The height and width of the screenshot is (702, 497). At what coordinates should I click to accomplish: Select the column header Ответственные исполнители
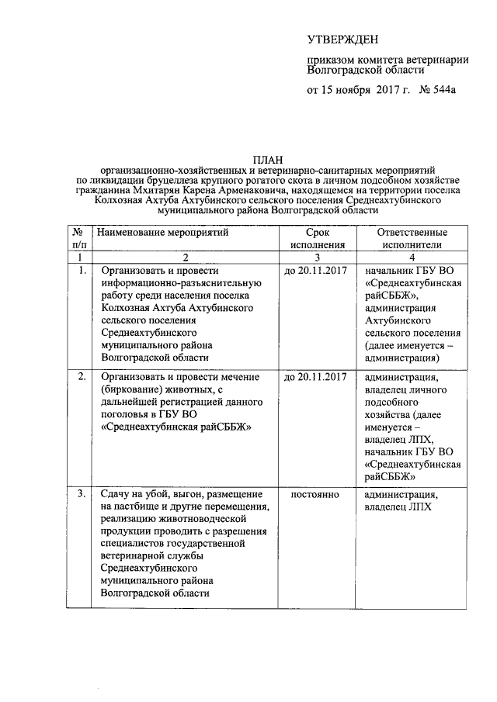pos(411,239)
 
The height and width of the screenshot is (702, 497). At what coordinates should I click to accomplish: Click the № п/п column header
pos(78,239)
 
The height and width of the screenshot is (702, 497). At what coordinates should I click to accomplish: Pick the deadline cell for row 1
pos(315,271)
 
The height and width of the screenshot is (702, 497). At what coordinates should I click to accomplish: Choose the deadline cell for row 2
pos(315,377)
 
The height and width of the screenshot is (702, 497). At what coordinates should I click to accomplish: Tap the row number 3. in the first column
pos(81,494)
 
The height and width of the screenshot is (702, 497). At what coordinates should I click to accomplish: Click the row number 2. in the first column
pos(81,377)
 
